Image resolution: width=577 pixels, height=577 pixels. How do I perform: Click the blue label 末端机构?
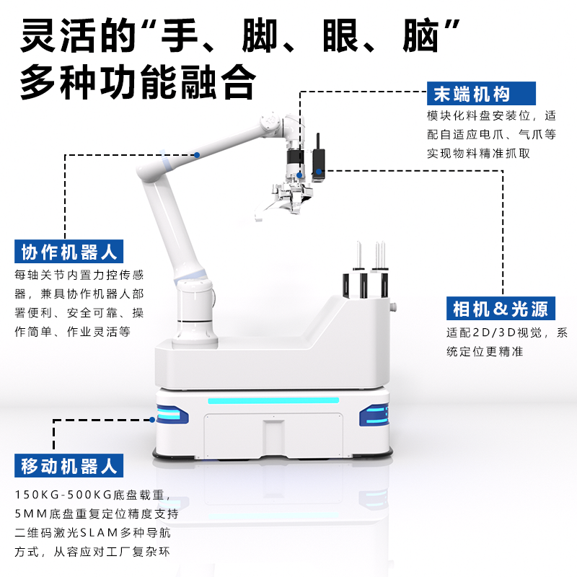pyautogui.click(x=481, y=94)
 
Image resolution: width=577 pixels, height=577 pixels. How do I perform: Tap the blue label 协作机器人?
pyautogui.click(x=69, y=251)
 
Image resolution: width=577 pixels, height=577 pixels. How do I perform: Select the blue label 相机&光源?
pyautogui.click(x=501, y=309)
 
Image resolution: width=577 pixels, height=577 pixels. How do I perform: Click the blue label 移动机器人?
pyautogui.click(x=69, y=465)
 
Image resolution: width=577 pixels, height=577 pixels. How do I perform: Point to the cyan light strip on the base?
pyautogui.click(x=273, y=400)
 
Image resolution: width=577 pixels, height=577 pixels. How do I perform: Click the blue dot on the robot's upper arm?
pyautogui.click(x=197, y=155)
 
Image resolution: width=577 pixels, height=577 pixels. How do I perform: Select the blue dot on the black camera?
pyautogui.click(x=319, y=172)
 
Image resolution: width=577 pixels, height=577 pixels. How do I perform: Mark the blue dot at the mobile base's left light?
pyautogui.click(x=152, y=420)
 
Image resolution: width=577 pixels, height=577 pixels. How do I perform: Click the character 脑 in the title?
pyautogui.click(x=421, y=35)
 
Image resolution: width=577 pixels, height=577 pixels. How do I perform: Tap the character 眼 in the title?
pyautogui.click(x=340, y=35)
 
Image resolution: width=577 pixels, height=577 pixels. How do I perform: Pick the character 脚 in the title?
pyautogui.click(x=260, y=35)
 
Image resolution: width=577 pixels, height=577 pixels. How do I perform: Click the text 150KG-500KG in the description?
pyautogui.click(x=63, y=495)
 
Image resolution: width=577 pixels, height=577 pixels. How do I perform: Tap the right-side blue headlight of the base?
pyautogui.click(x=374, y=415)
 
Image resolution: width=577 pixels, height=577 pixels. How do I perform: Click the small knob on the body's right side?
pyautogui.click(x=394, y=306)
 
